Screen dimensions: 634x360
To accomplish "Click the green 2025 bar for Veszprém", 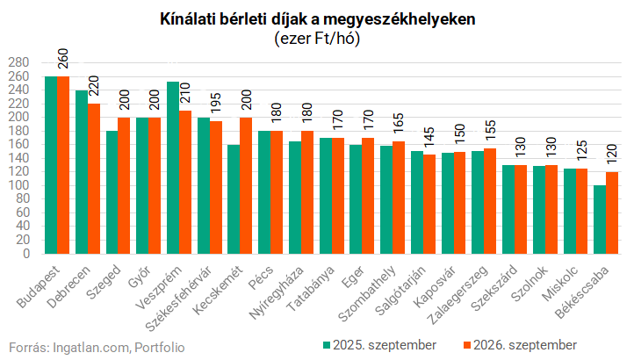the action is click(x=173, y=168).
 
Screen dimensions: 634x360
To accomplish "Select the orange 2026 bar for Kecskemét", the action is click(x=246, y=185).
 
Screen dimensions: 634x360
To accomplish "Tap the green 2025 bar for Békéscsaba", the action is click(x=600, y=220).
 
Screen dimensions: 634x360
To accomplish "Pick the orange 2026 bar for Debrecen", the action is click(x=94, y=179).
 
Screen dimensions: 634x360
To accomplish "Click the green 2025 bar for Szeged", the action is click(x=112, y=192).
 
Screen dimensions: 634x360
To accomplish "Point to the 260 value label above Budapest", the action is click(x=63, y=59).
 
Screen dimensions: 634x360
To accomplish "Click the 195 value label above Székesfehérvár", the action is click(x=216, y=103).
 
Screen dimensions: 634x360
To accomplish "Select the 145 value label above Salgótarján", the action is click(x=429, y=138).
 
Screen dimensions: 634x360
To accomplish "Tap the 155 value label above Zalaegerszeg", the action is click(x=490, y=131).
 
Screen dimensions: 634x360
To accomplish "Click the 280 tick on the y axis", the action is click(x=19, y=62).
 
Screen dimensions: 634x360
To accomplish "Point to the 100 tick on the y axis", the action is click(x=19, y=185).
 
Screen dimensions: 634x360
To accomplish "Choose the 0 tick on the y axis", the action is click(x=26, y=254).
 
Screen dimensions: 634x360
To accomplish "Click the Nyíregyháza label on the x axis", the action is click(x=276, y=293).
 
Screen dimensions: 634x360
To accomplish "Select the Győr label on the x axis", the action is click(x=139, y=277).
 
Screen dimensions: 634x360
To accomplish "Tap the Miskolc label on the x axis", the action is click(x=559, y=284).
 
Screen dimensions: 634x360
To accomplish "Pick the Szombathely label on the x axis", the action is click(x=366, y=294).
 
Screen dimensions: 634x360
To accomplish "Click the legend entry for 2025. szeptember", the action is click(x=379, y=345).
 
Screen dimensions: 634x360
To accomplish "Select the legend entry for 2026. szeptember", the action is click(x=520, y=345).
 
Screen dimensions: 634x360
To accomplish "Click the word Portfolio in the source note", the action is click(x=160, y=348).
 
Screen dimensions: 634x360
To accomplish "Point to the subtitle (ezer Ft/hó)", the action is click(x=317, y=39).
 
